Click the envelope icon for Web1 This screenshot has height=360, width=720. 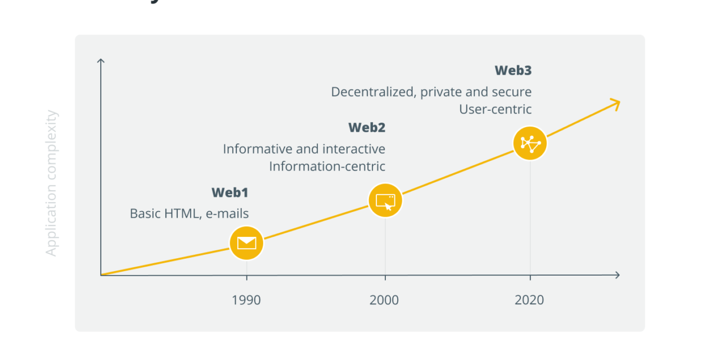pyautogui.click(x=246, y=243)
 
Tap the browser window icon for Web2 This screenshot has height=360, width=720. pyautogui.click(x=385, y=200)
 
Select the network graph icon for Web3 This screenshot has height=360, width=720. pyautogui.click(x=530, y=143)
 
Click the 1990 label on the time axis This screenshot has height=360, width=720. pyautogui.click(x=246, y=300)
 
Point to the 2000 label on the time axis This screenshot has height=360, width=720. pyautogui.click(x=384, y=300)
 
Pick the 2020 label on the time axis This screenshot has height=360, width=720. pyautogui.click(x=529, y=300)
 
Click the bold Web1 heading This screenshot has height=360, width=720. pyautogui.click(x=230, y=192)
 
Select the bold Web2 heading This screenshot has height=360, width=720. pyautogui.click(x=367, y=128)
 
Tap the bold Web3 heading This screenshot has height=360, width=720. pyautogui.click(x=513, y=70)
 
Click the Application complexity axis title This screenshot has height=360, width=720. pyautogui.click(x=52, y=183)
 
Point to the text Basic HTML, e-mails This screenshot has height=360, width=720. pyautogui.click(x=189, y=214)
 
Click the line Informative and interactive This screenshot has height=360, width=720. pyautogui.click(x=304, y=149)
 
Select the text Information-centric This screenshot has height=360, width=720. pyautogui.click(x=327, y=166)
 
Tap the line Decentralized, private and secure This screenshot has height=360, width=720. pyautogui.click(x=431, y=92)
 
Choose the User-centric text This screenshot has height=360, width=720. pyautogui.click(x=495, y=109)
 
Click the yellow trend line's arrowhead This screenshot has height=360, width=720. pyautogui.click(x=616, y=103)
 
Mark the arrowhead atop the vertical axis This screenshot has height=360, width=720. pyautogui.click(x=101, y=61)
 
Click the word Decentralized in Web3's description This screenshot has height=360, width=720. pyautogui.click(x=373, y=92)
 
